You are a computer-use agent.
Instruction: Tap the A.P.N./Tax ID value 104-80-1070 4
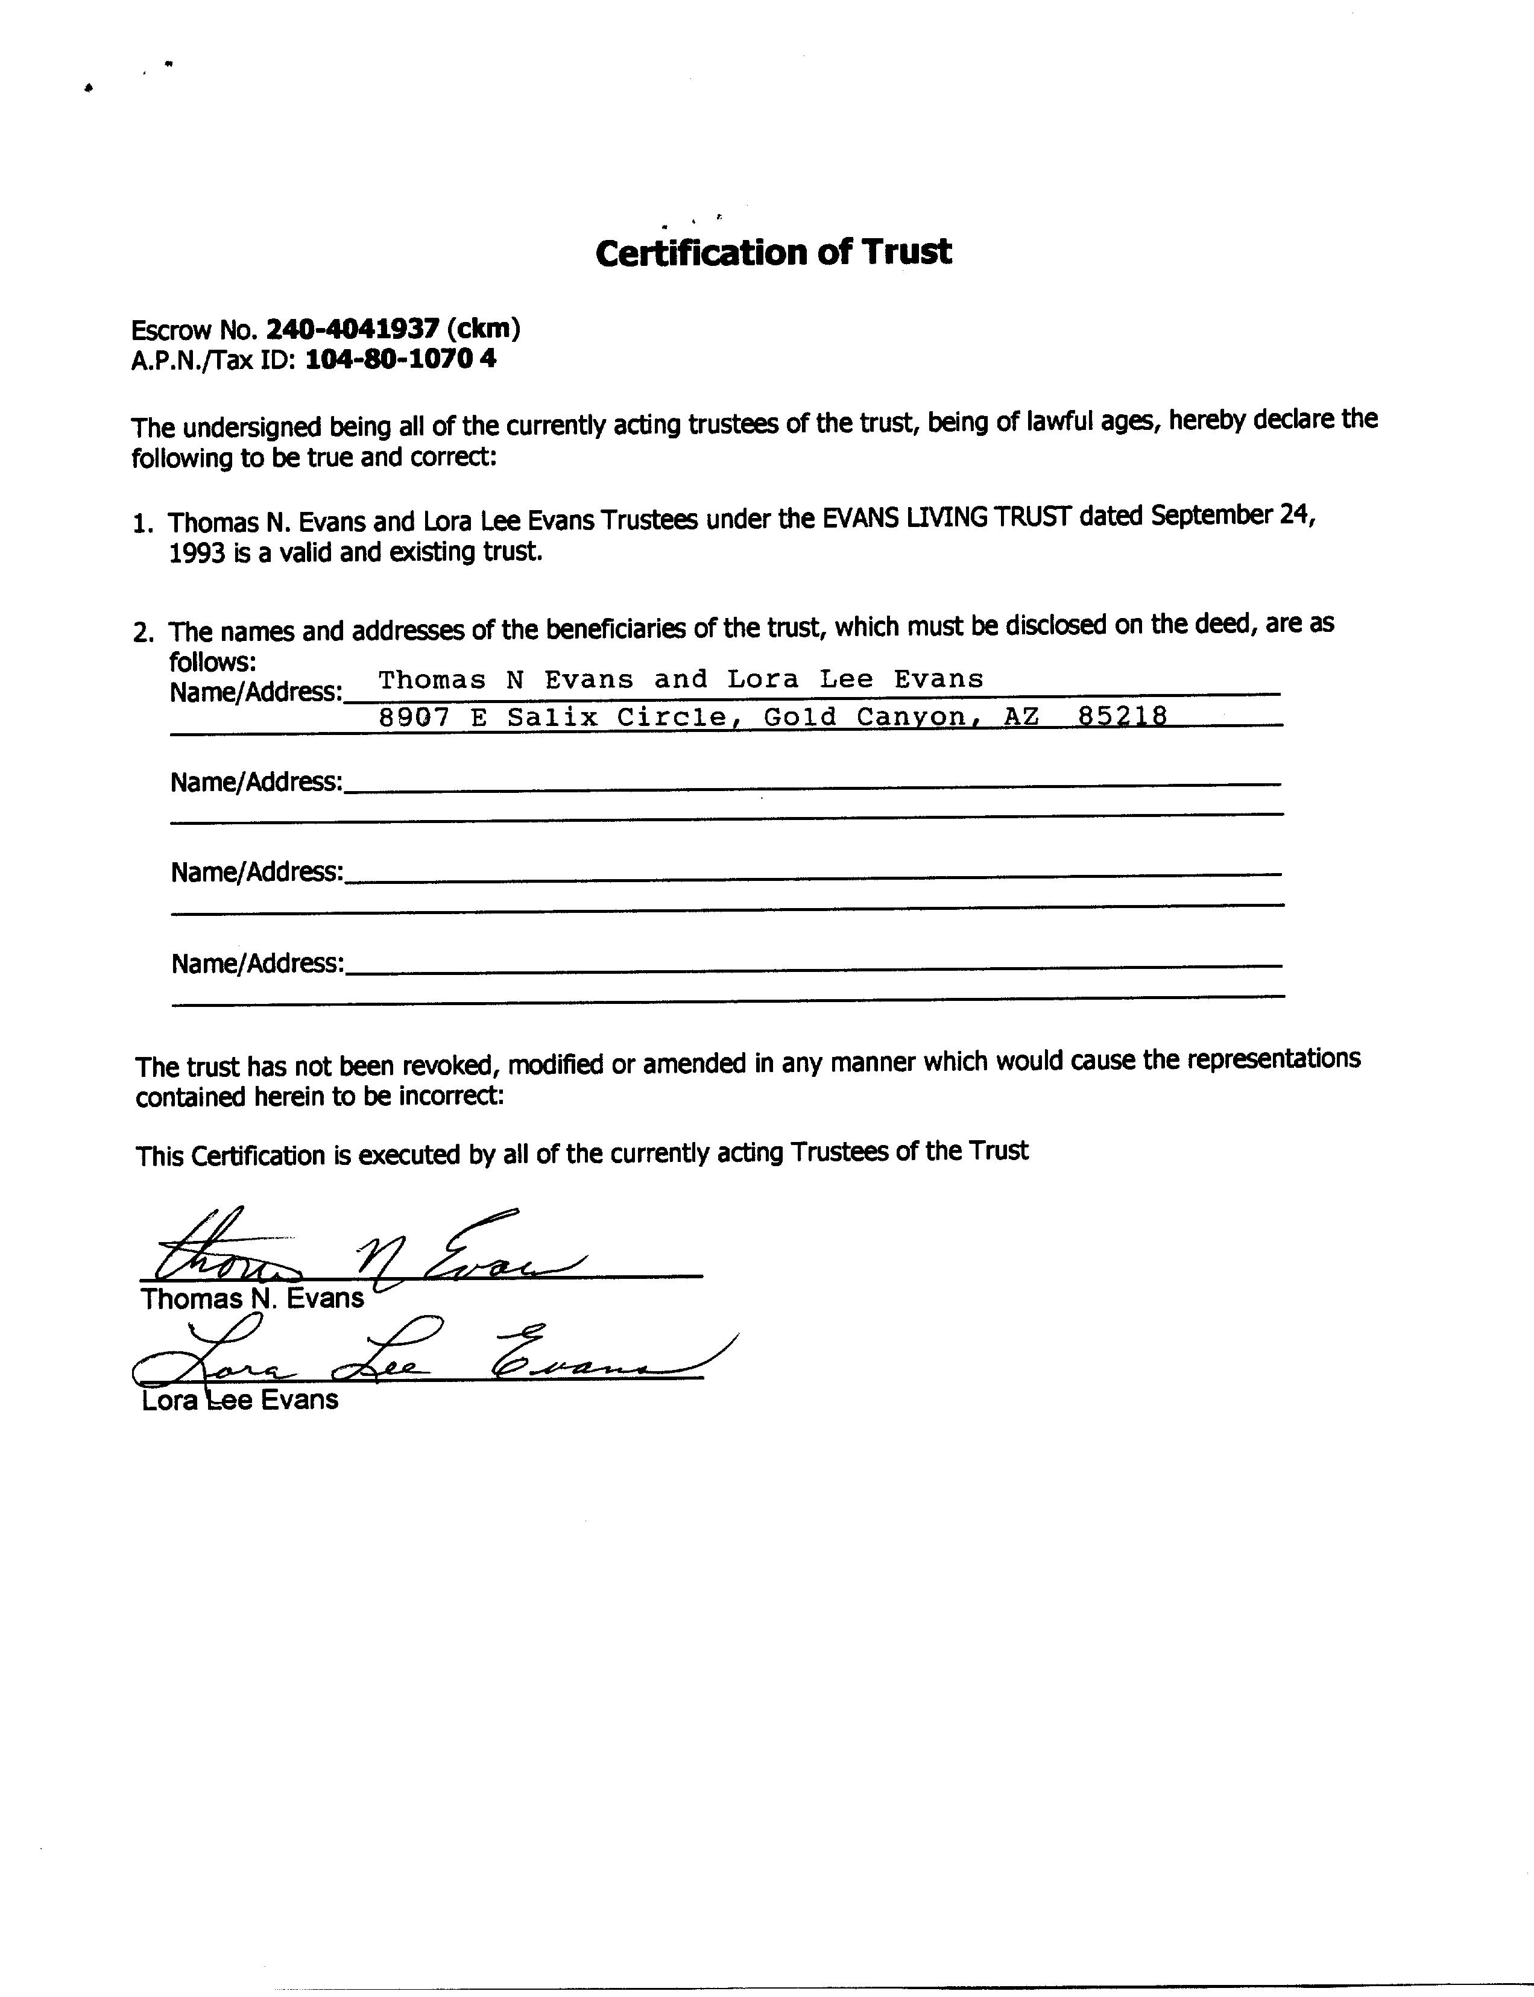click(400, 359)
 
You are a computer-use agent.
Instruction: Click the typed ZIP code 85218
click(1122, 717)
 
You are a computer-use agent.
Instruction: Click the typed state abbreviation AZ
click(1021, 717)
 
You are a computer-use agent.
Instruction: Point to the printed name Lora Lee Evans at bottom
click(240, 1400)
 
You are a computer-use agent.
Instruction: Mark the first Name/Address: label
click(256, 692)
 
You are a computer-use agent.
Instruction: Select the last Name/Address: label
click(257, 964)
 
